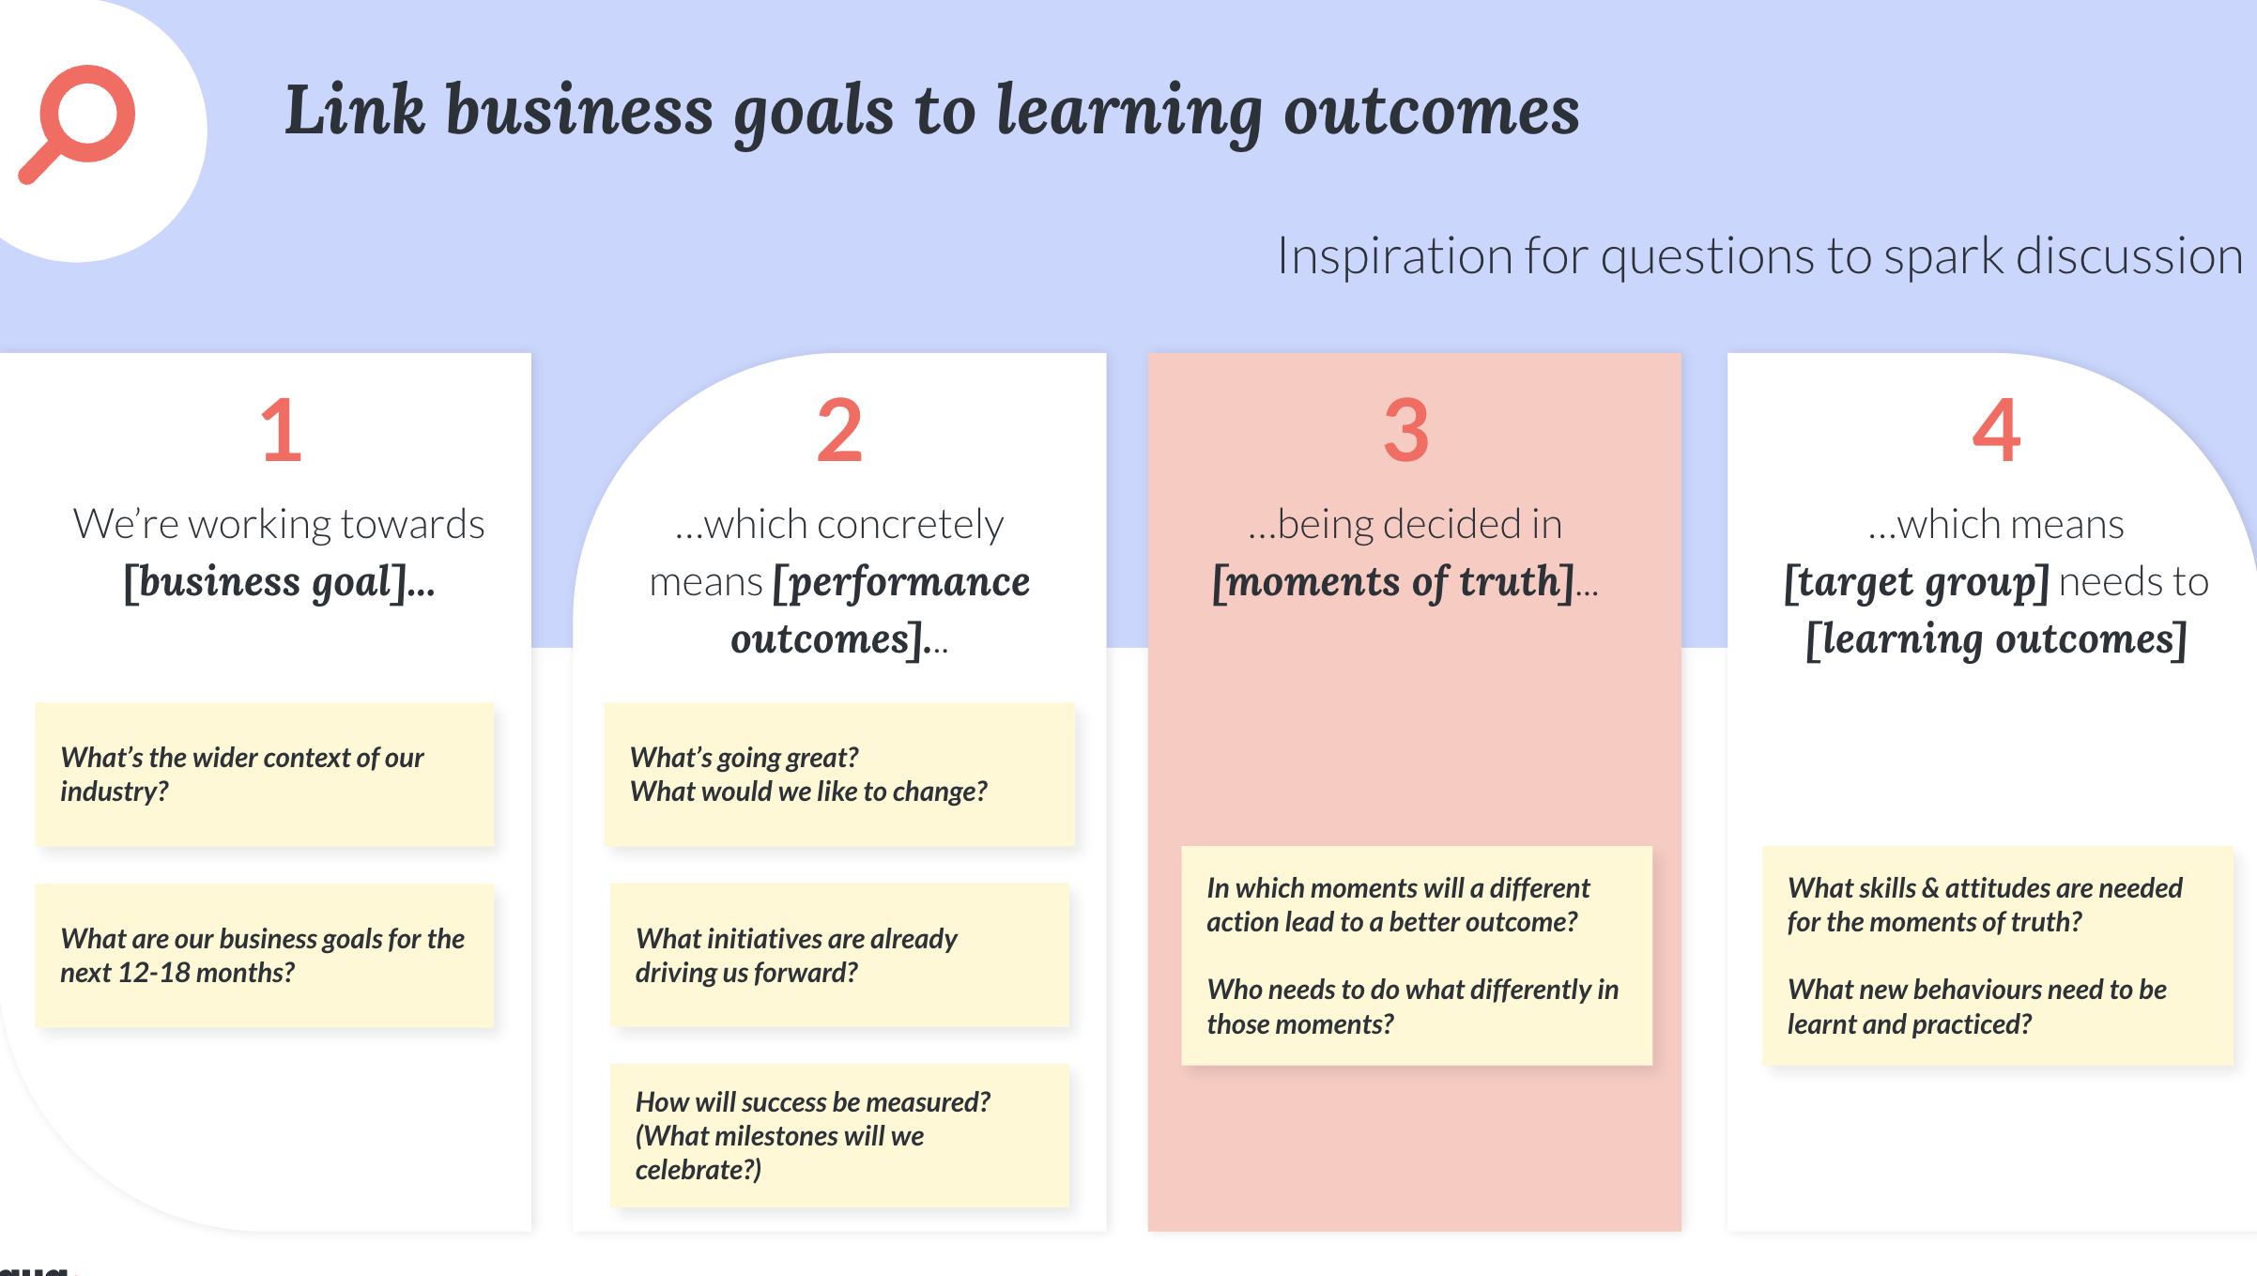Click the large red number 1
282,431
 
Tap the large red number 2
839,431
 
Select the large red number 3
1406,431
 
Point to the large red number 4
1996,431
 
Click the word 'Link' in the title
354,111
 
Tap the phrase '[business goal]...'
280,582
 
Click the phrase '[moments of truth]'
1392,582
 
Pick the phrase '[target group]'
1916,583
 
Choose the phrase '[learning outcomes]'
1997,640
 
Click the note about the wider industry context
265,775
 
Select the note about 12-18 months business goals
265,956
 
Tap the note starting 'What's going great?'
839,775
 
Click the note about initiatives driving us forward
839,956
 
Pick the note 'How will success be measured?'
839,1136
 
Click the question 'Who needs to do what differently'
1413,1007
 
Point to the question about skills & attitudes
1985,905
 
